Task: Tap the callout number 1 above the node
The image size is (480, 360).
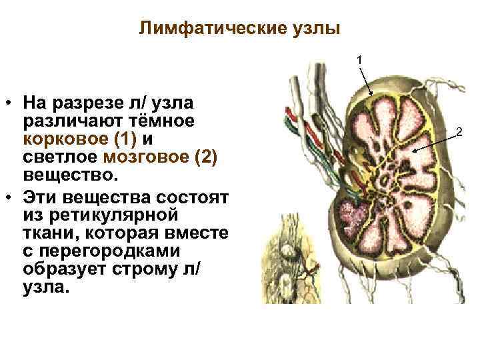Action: [x=359, y=60]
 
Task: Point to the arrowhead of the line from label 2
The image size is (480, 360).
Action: [x=414, y=152]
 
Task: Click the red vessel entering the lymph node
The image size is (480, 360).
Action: [x=290, y=111]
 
